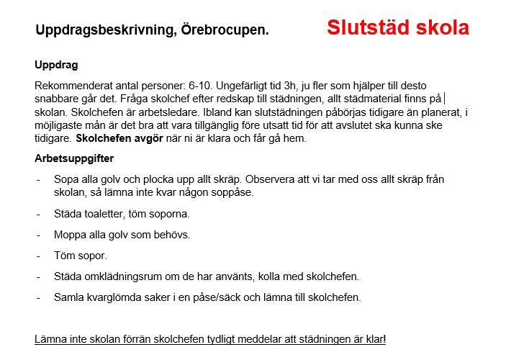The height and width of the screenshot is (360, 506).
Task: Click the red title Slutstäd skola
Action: tap(397, 28)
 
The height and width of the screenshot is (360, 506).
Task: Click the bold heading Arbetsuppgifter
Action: tap(74, 158)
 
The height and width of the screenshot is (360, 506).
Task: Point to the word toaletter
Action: tap(109, 214)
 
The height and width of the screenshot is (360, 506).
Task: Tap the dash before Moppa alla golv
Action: tap(38, 235)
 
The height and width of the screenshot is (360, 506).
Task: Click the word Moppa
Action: tap(71, 235)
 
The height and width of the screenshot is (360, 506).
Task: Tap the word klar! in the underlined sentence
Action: tap(372, 338)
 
